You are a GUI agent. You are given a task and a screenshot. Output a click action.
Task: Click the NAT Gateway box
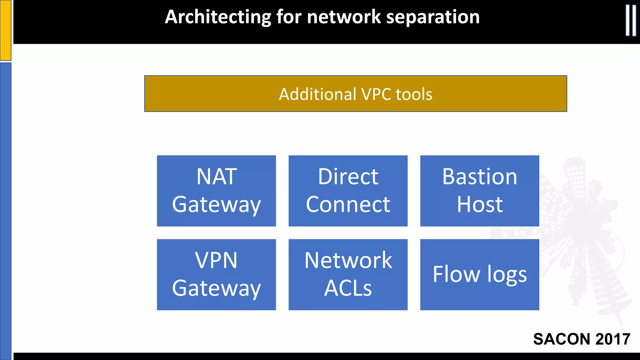[x=216, y=191]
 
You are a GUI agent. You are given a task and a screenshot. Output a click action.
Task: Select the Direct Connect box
[x=348, y=191]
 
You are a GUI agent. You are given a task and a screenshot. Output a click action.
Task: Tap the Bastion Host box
[x=479, y=191]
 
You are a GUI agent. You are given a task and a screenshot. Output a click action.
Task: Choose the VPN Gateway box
[x=216, y=274]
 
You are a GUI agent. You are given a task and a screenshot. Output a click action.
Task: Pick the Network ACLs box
[x=348, y=274]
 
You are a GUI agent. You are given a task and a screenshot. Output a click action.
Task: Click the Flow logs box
[x=479, y=274]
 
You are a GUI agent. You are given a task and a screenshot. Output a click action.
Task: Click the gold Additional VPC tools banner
[x=355, y=93]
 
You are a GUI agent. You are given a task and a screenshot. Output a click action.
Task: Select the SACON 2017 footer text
[x=581, y=339]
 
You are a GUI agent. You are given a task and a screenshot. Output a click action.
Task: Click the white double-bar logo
[x=631, y=20]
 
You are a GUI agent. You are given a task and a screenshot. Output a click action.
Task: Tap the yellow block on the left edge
[x=6, y=30]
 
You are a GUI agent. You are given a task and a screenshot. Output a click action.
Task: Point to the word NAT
[x=216, y=177]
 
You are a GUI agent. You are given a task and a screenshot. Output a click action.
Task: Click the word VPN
[x=216, y=260]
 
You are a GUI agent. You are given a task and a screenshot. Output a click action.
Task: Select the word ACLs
[x=348, y=288]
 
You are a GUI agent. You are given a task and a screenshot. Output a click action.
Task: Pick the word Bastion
[x=479, y=177]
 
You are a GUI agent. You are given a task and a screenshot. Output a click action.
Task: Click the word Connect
[x=348, y=205]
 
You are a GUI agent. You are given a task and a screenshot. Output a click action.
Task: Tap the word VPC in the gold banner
[x=376, y=94]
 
